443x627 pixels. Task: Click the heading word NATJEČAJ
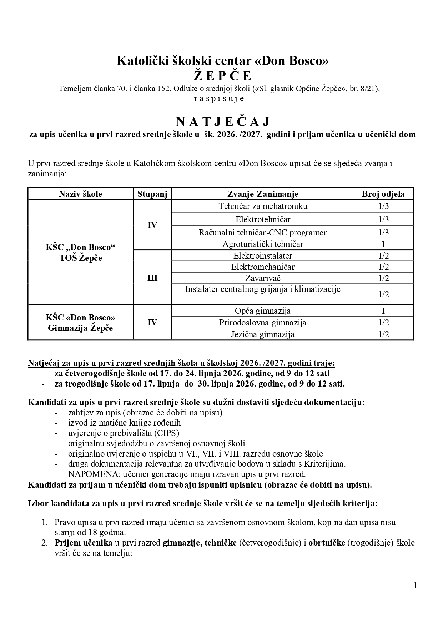coord(222,121)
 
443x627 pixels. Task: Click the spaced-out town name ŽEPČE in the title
coord(223,76)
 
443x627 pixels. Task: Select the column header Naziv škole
coord(80,194)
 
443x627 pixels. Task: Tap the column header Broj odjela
coord(383,194)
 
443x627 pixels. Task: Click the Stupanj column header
coord(152,194)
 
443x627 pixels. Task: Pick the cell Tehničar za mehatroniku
coord(263,206)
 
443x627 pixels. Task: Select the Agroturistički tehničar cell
coord(263,244)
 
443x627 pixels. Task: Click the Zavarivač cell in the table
coord(263,278)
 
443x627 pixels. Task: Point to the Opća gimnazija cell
coord(263,311)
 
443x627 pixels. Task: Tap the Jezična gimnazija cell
coord(263,334)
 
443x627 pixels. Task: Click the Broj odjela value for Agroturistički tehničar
coord(383,244)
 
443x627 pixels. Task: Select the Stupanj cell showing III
coord(152,278)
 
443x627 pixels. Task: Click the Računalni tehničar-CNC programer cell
coord(263,233)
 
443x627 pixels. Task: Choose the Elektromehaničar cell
coord(263,267)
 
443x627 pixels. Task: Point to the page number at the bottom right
coord(415,586)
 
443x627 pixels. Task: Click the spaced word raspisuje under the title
coord(219,99)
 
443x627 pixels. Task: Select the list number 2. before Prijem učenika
coord(44,543)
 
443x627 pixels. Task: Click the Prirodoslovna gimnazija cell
coord(263,323)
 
